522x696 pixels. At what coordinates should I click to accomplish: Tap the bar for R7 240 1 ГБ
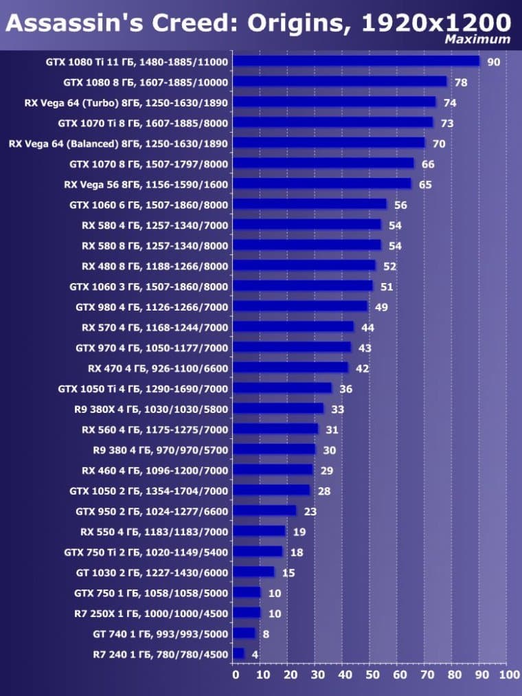(x=238, y=653)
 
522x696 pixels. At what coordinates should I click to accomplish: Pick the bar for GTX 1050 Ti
(x=282, y=388)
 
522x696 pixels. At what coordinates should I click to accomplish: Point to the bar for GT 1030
(x=253, y=572)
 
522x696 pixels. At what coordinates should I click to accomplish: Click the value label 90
(x=494, y=62)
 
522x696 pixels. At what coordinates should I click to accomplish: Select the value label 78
(x=461, y=82)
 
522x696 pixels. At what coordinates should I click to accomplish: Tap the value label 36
(x=345, y=389)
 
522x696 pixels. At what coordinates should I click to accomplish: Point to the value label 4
(x=255, y=654)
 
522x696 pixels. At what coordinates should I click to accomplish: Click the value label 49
(x=381, y=307)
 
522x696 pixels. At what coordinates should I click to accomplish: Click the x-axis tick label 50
(x=371, y=676)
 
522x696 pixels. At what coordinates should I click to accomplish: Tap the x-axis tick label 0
(x=235, y=676)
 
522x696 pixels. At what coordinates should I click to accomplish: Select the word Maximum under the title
(x=477, y=39)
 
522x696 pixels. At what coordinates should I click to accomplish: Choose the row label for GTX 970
(x=152, y=348)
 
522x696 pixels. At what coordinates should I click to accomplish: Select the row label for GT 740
(x=160, y=633)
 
